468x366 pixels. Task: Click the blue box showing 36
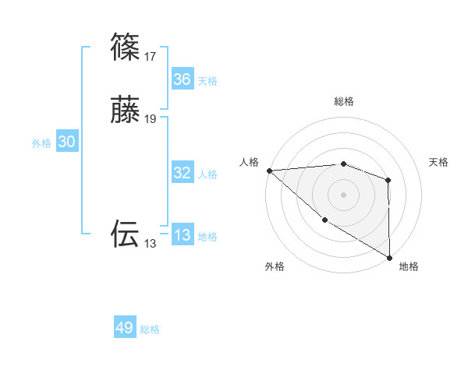[x=182, y=79]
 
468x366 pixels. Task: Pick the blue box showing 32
[x=182, y=173]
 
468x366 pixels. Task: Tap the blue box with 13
[x=182, y=235]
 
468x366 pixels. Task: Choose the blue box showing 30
[x=67, y=142]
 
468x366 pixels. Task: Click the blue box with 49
[x=125, y=328]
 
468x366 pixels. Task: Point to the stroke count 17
[x=150, y=57]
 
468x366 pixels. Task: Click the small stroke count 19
[x=150, y=119]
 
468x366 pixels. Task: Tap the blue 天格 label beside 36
[x=207, y=81]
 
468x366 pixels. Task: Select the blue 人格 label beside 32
[x=207, y=174]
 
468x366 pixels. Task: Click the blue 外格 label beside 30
[x=41, y=143]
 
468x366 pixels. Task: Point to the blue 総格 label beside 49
[x=151, y=329]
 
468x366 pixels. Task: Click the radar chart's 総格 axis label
[x=343, y=101]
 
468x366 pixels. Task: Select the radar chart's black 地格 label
[x=409, y=266]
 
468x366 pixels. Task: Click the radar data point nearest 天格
[x=388, y=181]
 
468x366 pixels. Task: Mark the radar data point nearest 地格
[x=388, y=257]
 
